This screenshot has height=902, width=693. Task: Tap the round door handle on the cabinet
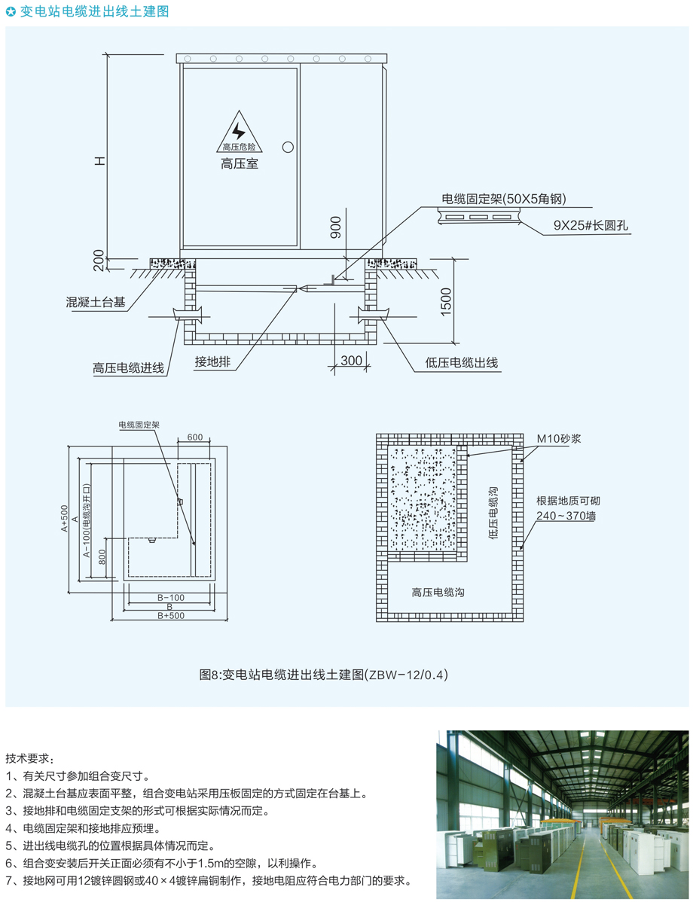point(288,147)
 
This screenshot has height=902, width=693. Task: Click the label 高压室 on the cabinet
point(240,164)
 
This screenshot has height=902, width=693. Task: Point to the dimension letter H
point(100,161)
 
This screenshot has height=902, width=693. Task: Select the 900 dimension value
point(335,227)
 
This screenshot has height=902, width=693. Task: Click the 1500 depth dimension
point(446,301)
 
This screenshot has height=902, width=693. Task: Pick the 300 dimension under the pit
point(351,360)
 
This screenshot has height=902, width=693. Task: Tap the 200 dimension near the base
point(99,260)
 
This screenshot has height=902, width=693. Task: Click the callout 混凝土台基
point(96,302)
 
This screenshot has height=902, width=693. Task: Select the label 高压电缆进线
point(128,368)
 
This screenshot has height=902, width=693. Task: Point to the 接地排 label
point(212,361)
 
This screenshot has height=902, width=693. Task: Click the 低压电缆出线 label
point(462,362)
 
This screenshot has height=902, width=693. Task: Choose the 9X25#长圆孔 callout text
point(591,226)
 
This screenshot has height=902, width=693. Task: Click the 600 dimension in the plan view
point(195,437)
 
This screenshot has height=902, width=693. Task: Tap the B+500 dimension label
point(171,616)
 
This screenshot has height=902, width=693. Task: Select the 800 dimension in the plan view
point(102,557)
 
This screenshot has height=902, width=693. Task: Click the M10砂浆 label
point(559,439)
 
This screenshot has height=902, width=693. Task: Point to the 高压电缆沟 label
point(438,592)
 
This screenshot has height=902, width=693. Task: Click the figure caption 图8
point(323,675)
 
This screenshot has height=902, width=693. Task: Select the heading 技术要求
point(29,758)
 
